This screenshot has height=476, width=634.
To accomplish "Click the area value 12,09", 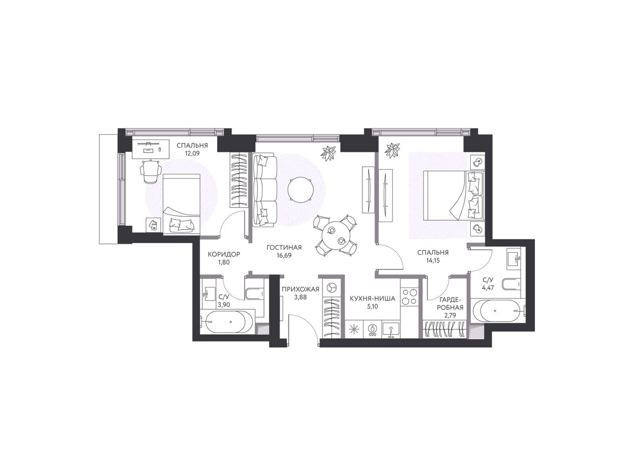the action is [192, 153].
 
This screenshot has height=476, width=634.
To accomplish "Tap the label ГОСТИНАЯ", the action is [284, 248].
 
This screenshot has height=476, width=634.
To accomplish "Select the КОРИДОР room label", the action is [224, 254].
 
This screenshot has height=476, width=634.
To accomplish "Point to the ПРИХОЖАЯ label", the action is [300, 289].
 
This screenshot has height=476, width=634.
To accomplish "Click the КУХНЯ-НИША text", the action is [372, 299].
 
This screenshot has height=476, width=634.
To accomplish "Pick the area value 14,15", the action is [433, 260].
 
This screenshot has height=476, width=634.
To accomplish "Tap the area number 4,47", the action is [488, 288].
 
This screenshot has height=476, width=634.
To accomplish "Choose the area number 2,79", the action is [450, 315].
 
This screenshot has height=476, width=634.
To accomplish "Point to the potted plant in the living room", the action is [329, 153].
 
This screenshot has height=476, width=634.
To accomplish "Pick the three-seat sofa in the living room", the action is [264, 190].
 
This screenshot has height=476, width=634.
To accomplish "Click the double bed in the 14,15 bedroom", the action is [453, 196].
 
